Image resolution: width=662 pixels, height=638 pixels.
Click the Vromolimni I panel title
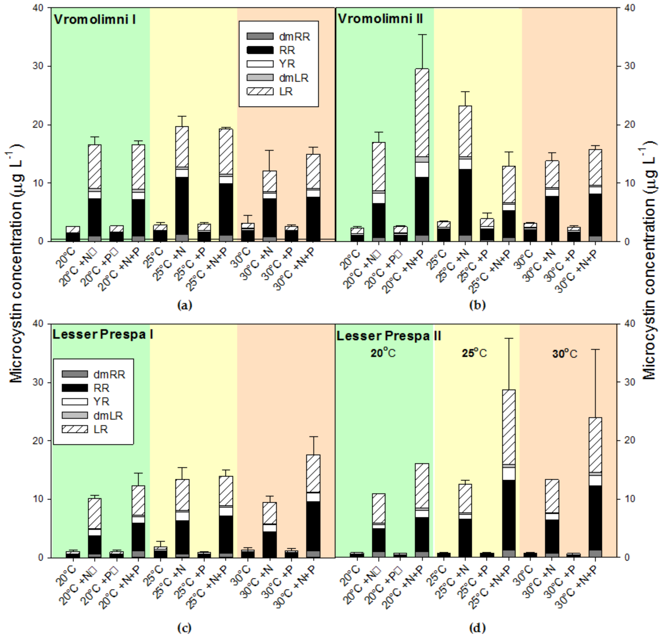pos(95,20)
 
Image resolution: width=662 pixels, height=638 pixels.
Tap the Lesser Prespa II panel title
pos(388,336)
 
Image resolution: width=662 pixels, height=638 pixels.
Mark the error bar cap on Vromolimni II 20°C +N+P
pos(422,34)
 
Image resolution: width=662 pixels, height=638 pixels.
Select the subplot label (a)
pos(185,305)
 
